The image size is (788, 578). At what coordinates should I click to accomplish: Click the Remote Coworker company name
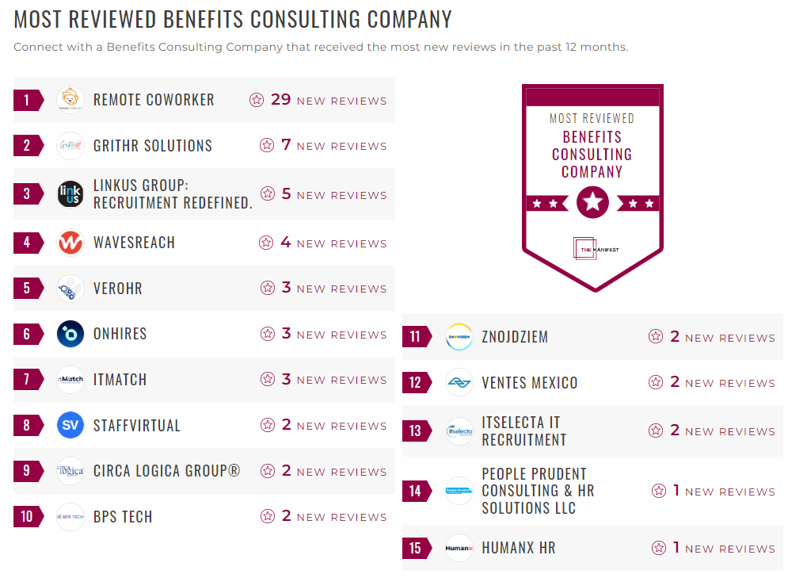154,100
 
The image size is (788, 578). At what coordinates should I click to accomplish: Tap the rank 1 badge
29,100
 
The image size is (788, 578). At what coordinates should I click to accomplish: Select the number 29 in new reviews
281,100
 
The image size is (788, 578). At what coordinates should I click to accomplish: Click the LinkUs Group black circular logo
70,194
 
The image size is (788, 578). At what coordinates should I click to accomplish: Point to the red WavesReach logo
70,243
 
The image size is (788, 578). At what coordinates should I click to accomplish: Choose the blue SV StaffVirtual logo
70,426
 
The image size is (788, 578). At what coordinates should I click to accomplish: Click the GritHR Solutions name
153,146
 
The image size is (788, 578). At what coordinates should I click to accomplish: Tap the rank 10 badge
29,517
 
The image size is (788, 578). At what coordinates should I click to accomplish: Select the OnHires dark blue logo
70,334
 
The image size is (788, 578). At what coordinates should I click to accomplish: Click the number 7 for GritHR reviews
287,145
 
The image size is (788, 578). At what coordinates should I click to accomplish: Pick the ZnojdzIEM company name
515,337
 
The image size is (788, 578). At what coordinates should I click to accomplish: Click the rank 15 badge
417,548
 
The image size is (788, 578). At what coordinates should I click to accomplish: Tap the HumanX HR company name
519,548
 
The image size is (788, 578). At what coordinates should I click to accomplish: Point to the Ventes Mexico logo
459,383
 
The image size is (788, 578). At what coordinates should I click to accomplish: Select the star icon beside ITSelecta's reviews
656,431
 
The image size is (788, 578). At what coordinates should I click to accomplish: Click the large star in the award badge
592,203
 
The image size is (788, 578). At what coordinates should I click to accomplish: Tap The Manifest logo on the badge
592,249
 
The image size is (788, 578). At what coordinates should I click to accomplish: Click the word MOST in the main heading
40,20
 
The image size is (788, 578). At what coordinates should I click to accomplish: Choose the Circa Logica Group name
166,471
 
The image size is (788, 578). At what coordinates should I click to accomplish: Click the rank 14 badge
417,491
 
